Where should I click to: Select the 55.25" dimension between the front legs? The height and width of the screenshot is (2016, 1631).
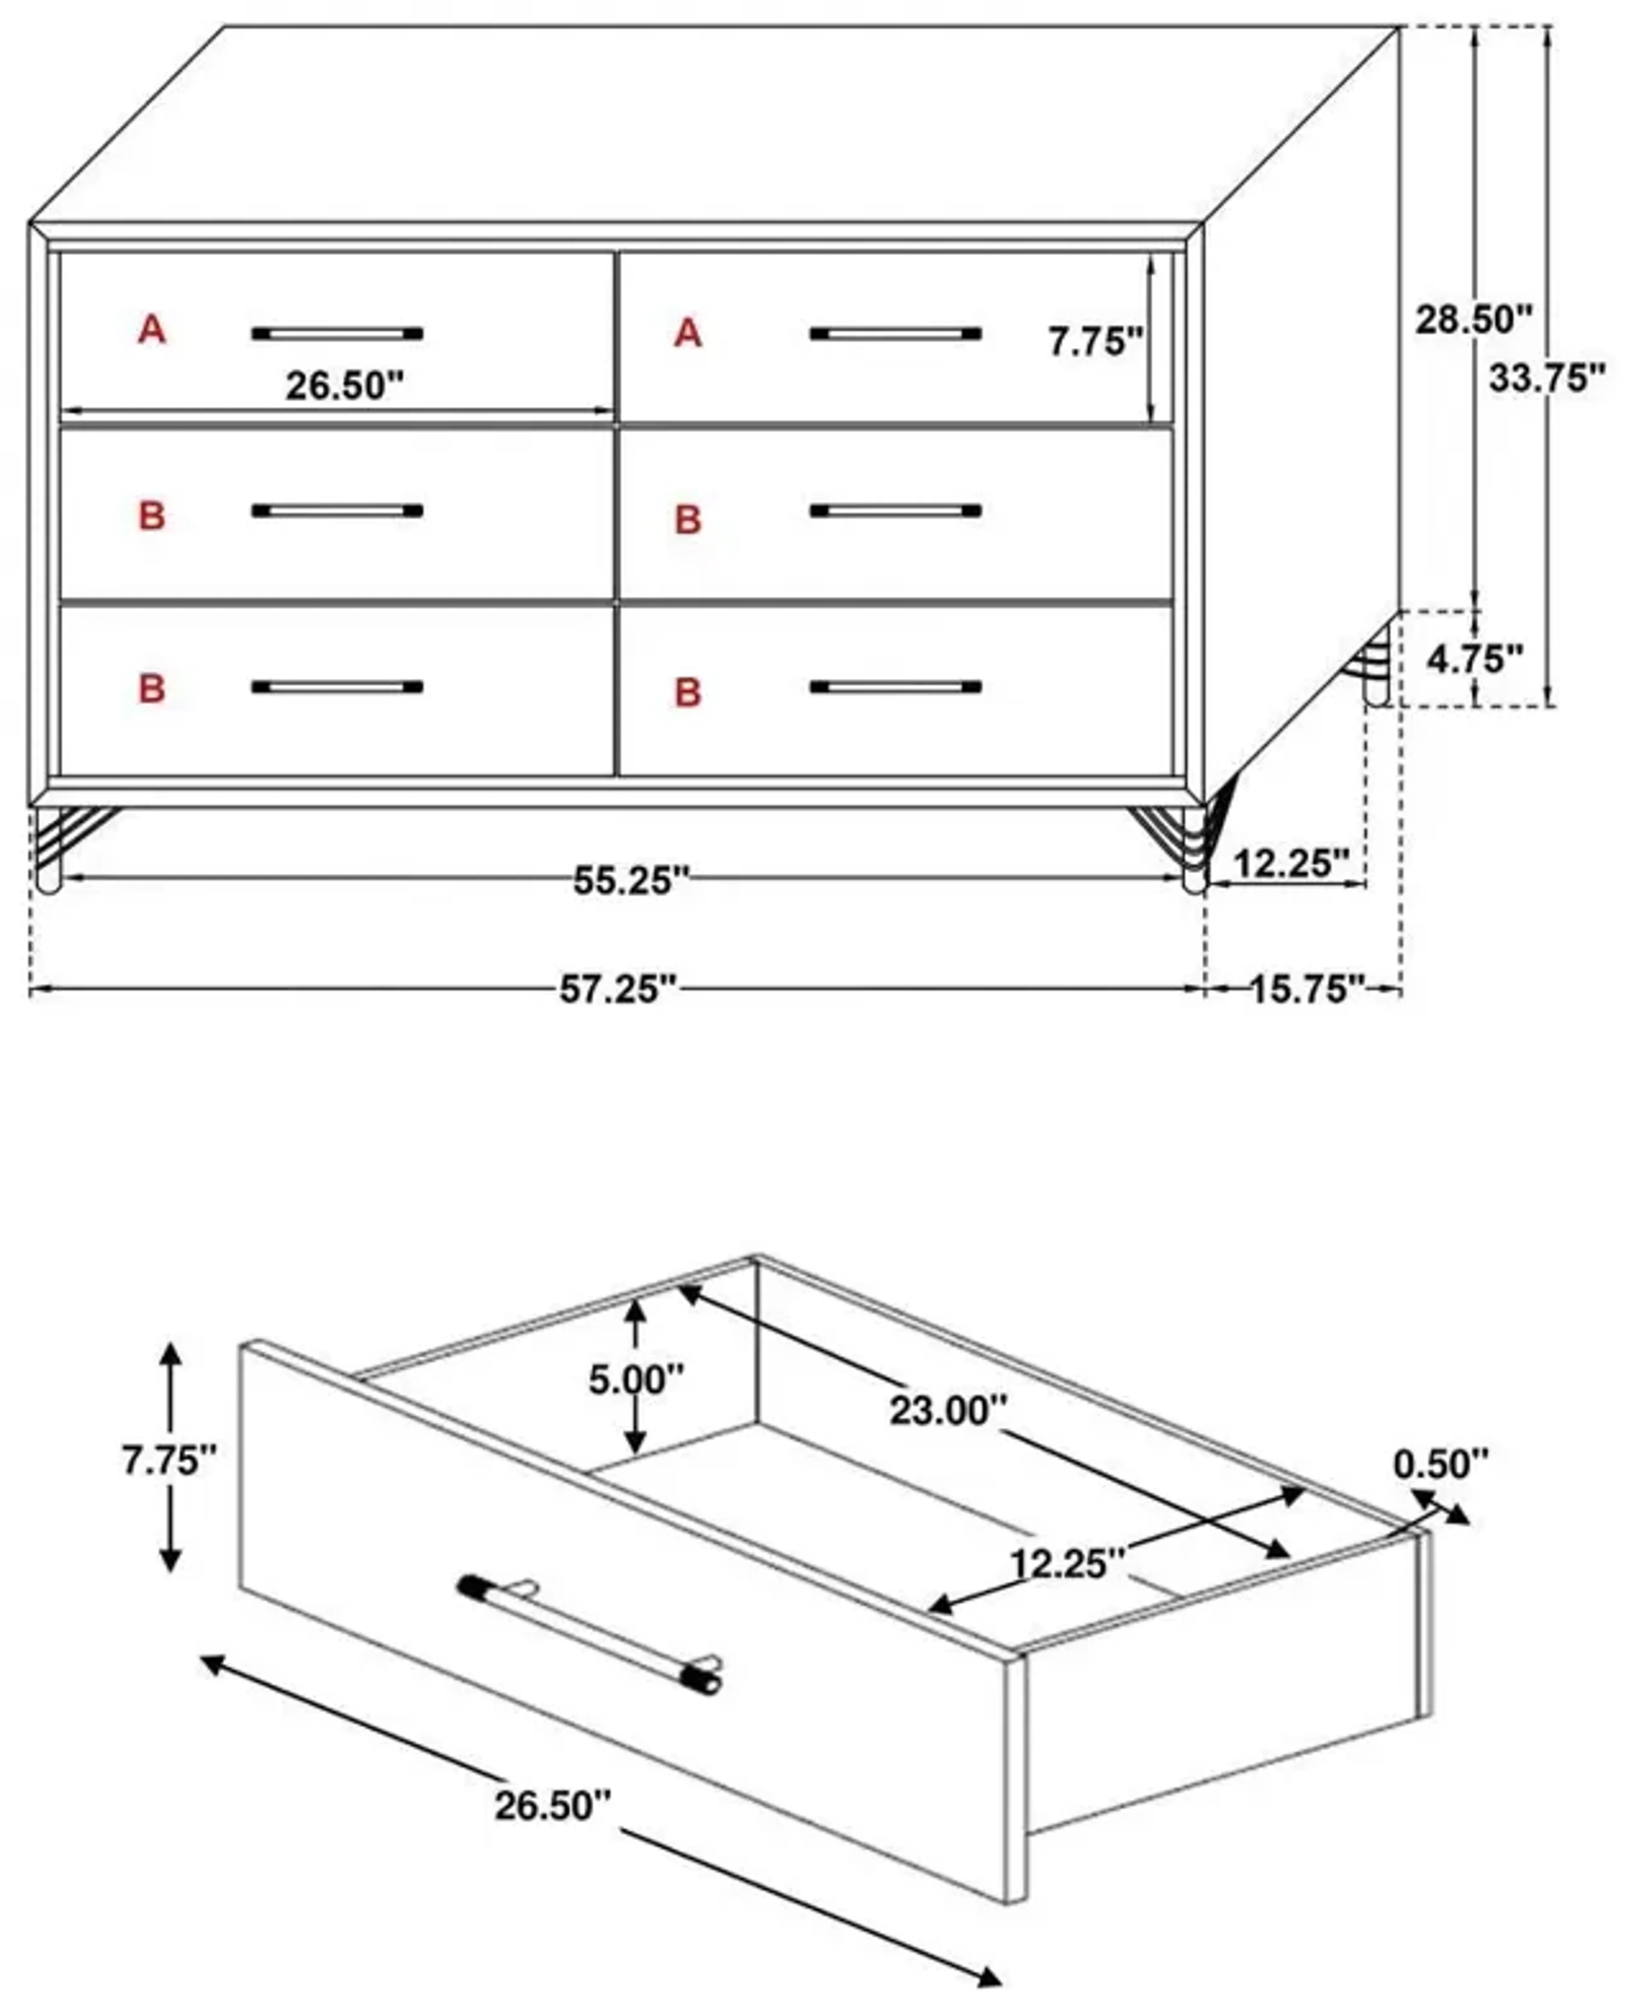[631, 880]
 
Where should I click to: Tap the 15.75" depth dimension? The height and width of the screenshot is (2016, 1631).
[1306, 989]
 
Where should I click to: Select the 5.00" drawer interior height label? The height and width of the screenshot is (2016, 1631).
[636, 1379]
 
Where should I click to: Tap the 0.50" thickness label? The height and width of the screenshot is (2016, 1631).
[1440, 1464]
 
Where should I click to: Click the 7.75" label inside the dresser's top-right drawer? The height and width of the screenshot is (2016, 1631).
[1095, 342]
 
